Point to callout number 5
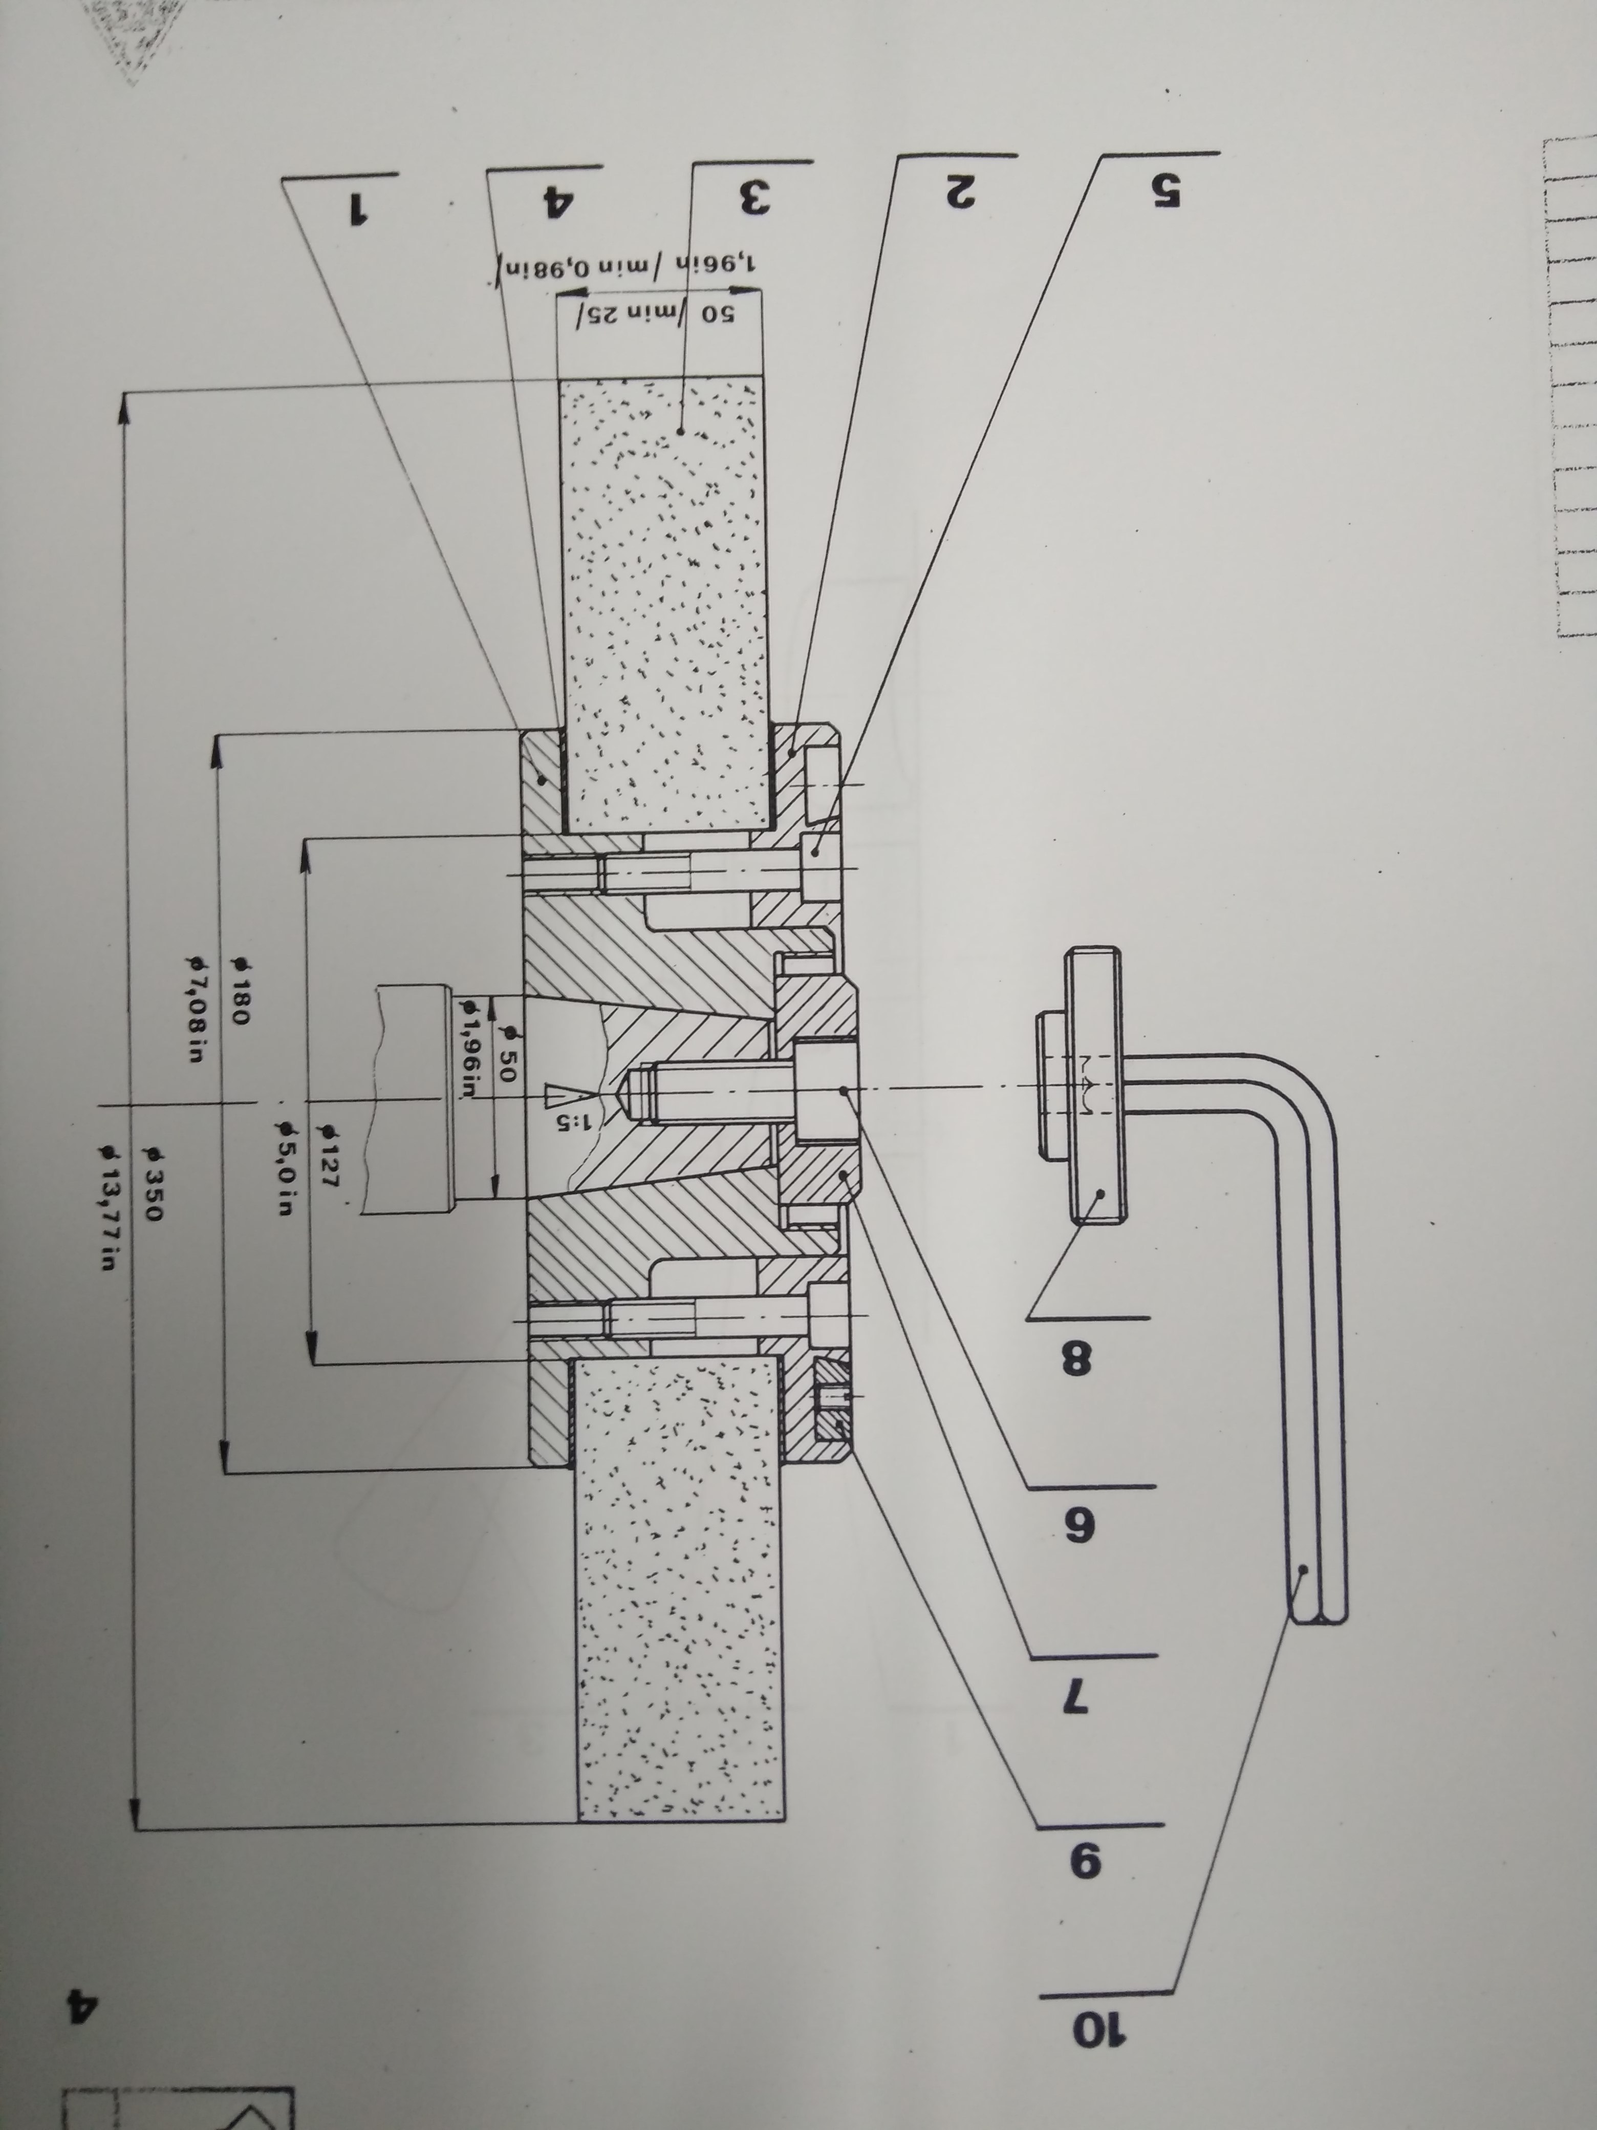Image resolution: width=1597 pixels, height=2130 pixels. tap(1162, 189)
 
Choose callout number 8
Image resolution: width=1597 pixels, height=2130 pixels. tap(1076, 1359)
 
